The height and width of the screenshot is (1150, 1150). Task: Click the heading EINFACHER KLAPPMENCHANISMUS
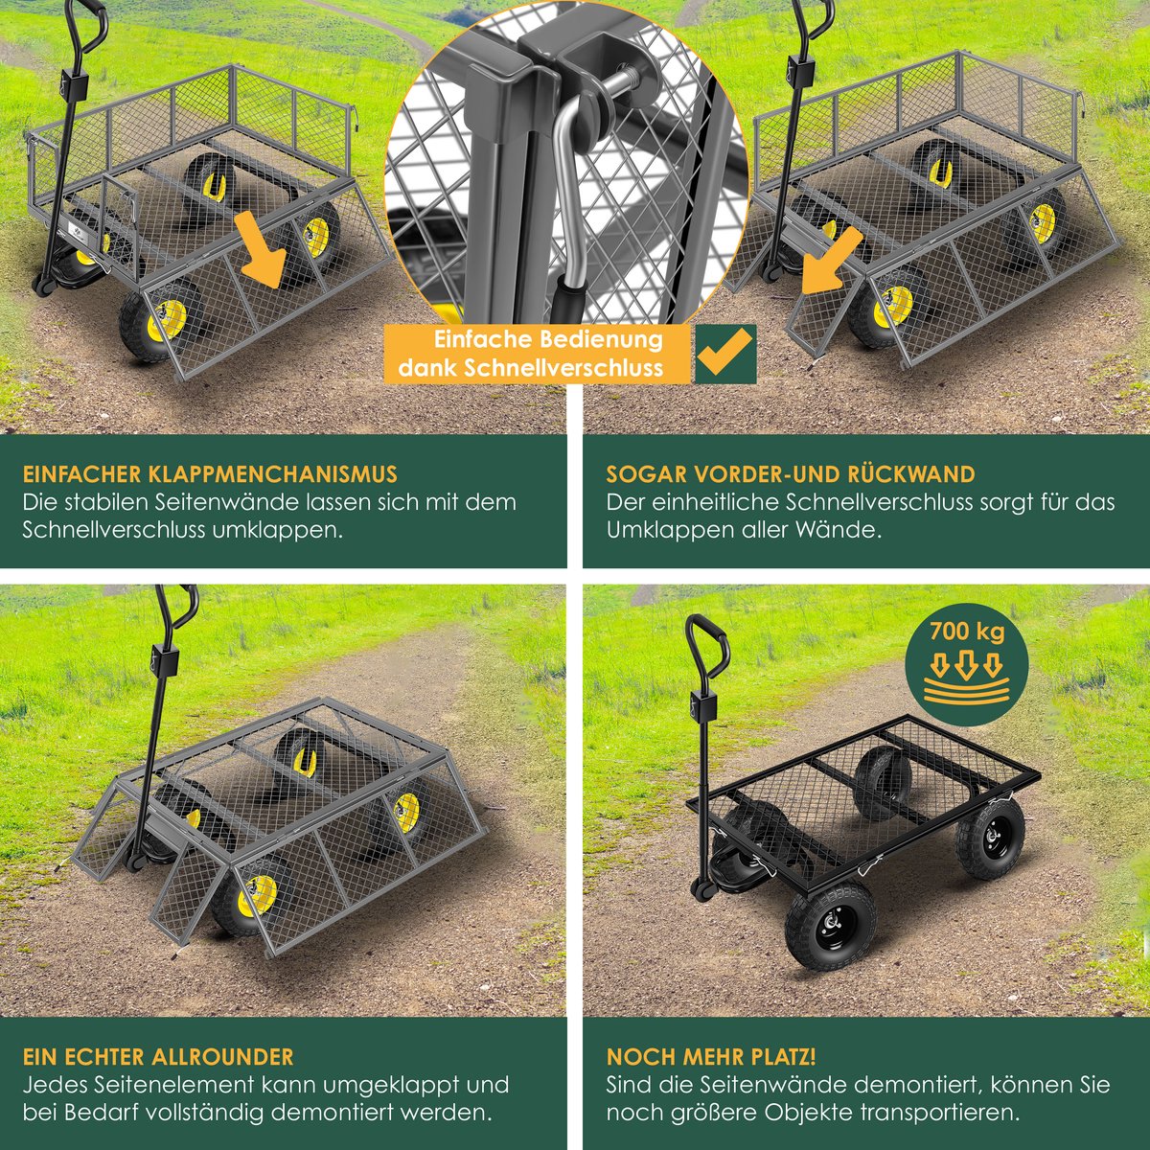(210, 473)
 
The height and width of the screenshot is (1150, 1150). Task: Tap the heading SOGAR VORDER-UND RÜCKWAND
(791, 473)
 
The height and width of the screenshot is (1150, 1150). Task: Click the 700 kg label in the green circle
(967, 632)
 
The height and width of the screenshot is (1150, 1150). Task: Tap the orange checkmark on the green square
(725, 353)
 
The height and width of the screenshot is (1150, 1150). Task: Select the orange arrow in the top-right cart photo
(833, 261)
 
